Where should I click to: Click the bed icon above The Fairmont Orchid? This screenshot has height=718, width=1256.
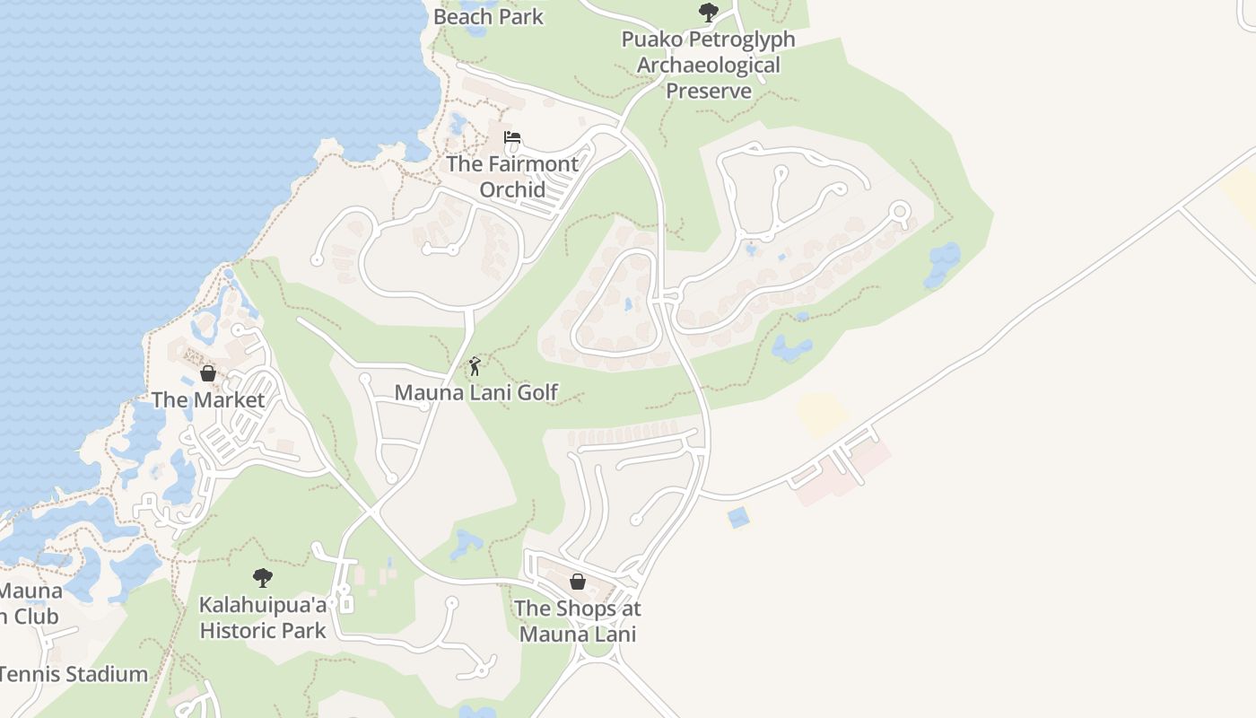click(512, 137)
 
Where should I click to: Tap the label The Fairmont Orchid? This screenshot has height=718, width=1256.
click(512, 176)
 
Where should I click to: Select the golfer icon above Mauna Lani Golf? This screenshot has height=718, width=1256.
click(475, 366)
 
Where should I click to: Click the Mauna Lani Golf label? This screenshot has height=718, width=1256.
click(476, 392)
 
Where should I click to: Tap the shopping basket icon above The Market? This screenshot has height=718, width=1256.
click(208, 373)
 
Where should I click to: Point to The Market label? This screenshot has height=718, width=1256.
click(208, 399)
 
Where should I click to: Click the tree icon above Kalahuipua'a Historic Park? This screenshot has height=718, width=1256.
click(262, 577)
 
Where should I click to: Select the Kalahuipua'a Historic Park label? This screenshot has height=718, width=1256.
click(263, 617)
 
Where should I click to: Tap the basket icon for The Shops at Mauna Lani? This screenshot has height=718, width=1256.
click(578, 582)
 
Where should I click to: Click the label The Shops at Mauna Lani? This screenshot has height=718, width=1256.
click(578, 621)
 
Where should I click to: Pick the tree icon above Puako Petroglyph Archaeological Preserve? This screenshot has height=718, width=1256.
click(709, 13)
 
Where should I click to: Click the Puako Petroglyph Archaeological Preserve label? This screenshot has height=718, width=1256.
click(709, 66)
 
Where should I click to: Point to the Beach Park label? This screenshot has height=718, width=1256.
click(488, 16)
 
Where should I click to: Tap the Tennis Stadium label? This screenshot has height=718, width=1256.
click(74, 674)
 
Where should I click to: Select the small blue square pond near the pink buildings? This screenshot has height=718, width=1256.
click(738, 517)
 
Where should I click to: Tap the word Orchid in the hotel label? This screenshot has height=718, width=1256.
click(512, 189)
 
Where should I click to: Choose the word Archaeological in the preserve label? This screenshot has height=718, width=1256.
click(709, 66)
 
